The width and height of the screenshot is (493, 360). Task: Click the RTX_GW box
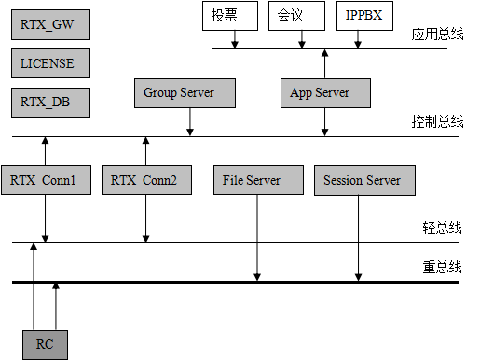click(50, 25)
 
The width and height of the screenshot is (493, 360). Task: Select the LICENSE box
click(50, 63)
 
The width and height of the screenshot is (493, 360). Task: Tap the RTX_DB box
click(50, 103)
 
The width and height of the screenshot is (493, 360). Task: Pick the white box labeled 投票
click(229, 16)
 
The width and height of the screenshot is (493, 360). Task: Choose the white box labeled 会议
click(296, 16)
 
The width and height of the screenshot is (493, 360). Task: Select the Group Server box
click(185, 93)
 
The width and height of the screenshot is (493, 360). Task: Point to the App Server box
click(325, 93)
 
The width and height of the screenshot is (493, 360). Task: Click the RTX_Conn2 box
click(146, 180)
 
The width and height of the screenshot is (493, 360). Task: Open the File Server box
click(258, 180)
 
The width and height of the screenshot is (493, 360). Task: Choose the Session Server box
click(364, 180)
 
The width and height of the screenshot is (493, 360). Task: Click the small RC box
click(45, 345)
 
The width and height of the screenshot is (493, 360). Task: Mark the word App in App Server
click(301, 93)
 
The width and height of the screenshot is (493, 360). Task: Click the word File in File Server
click(233, 180)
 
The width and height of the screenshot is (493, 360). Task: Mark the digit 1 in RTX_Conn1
click(73, 180)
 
